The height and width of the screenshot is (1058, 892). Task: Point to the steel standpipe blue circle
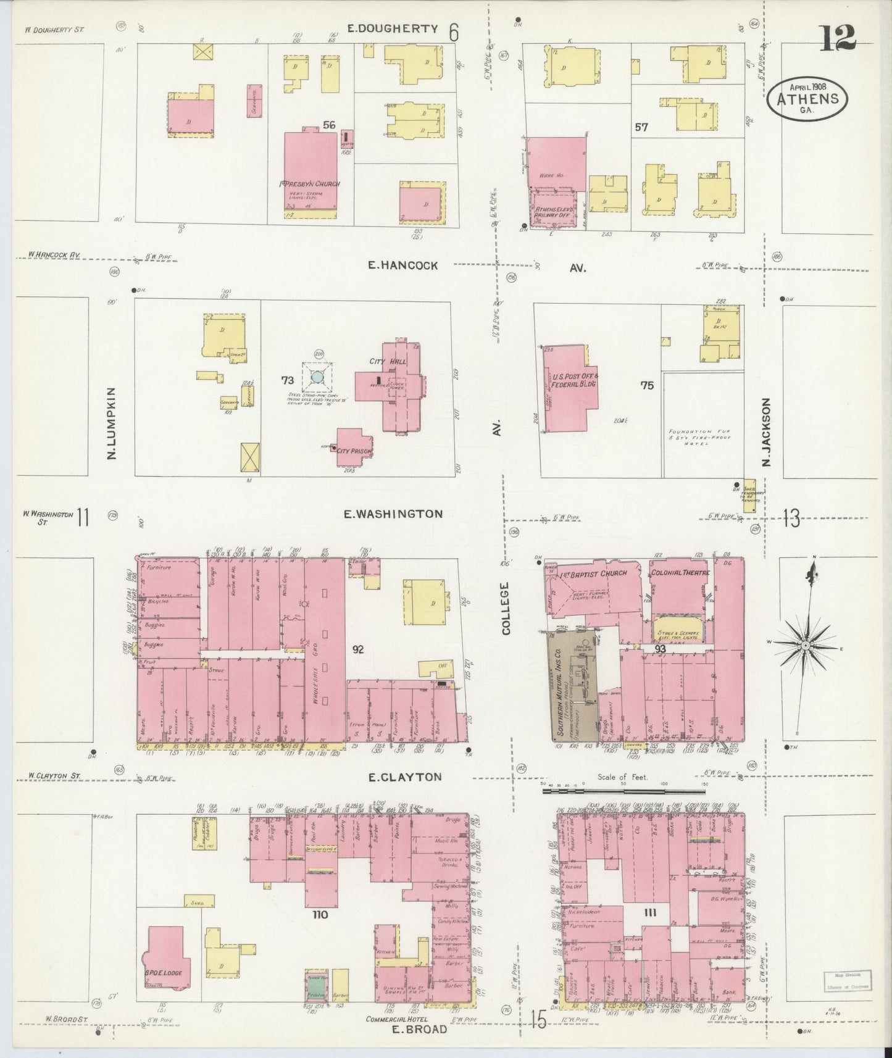click(317, 376)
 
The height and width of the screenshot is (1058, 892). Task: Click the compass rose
click(805, 646)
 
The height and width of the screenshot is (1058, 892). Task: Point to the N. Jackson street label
click(767, 431)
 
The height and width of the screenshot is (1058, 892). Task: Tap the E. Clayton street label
click(405, 777)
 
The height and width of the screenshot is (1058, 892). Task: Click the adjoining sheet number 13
click(791, 519)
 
